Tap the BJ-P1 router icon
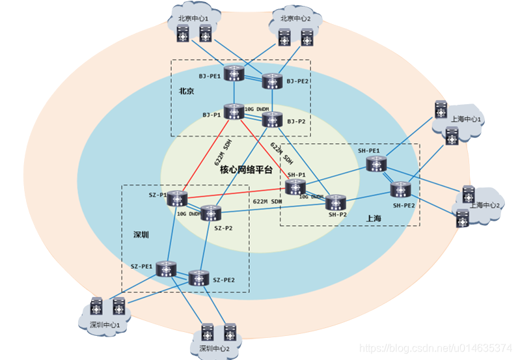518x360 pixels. pyautogui.click(x=233, y=112)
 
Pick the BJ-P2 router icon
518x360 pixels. pyautogui.click(x=271, y=120)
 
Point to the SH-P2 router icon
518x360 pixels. pyautogui.click(x=336, y=202)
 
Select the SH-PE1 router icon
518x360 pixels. pyautogui.click(x=376, y=165)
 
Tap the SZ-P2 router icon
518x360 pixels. pyautogui.click(x=211, y=214)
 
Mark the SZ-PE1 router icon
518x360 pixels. pyautogui.click(x=168, y=268)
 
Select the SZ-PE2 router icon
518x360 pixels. pyautogui.click(x=199, y=279)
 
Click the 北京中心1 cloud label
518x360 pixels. pyautogui.click(x=193, y=18)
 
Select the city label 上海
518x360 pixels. pyautogui.click(x=375, y=219)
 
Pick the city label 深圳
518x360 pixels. pyautogui.click(x=141, y=234)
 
